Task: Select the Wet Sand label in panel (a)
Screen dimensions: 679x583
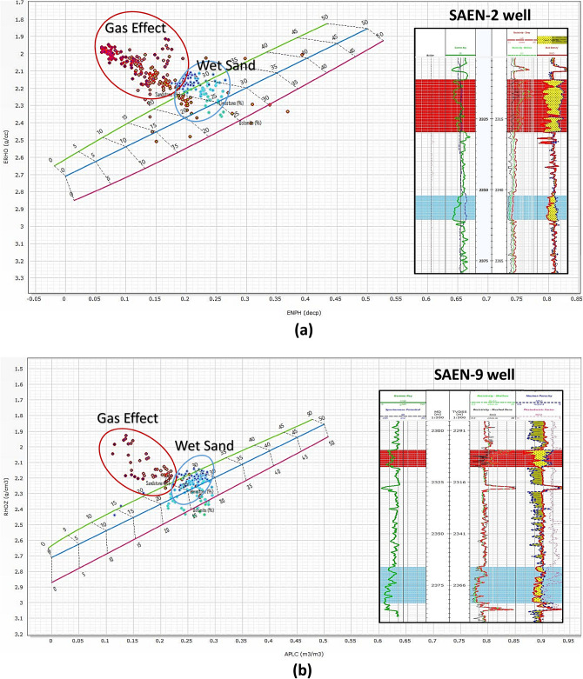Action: click(x=224, y=64)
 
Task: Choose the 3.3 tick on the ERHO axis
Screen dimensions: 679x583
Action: click(x=18, y=278)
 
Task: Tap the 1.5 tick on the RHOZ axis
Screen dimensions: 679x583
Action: click(x=18, y=369)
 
